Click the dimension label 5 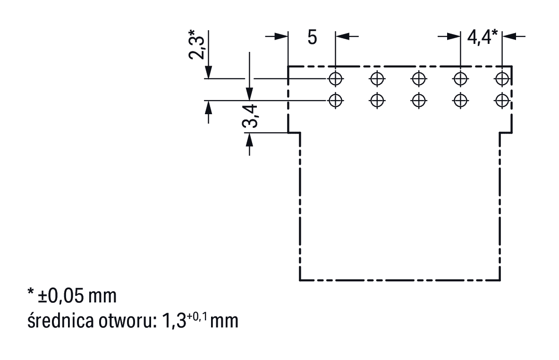[312, 38]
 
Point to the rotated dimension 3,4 [250, 116]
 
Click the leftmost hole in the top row [335, 78]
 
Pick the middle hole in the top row [419, 78]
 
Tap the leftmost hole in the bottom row [335, 100]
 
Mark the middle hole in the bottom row [419, 100]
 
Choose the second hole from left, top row [377, 78]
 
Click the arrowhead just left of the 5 [282, 36]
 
